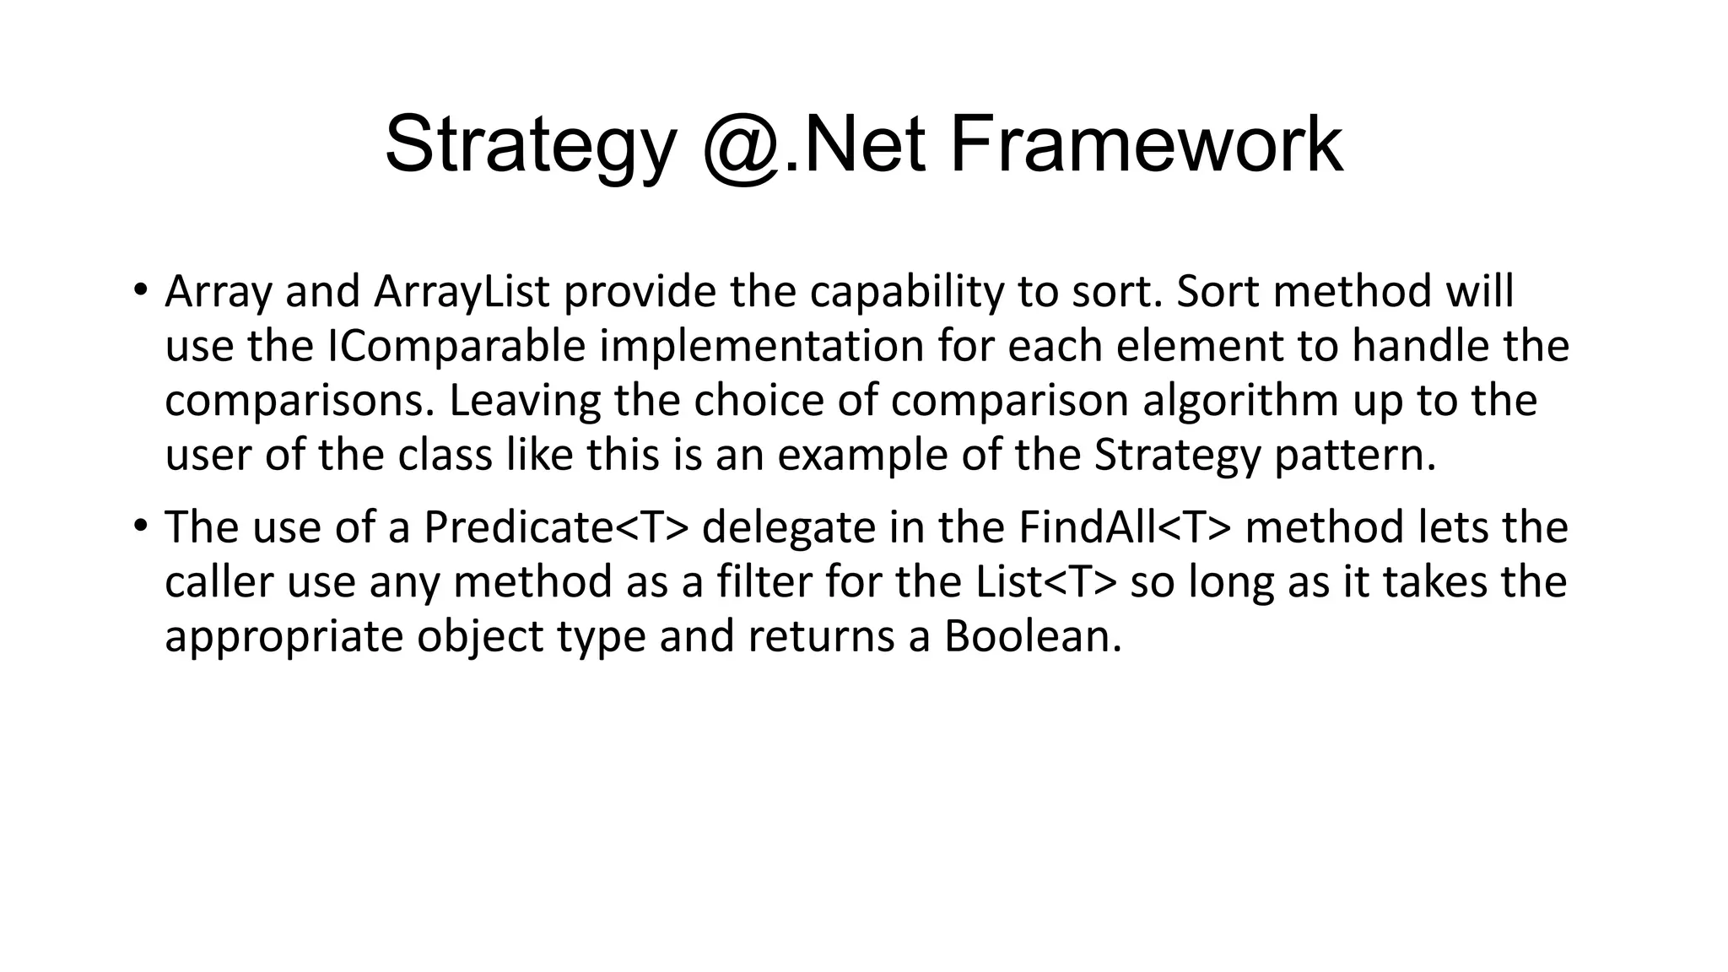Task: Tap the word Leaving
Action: [x=524, y=401]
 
